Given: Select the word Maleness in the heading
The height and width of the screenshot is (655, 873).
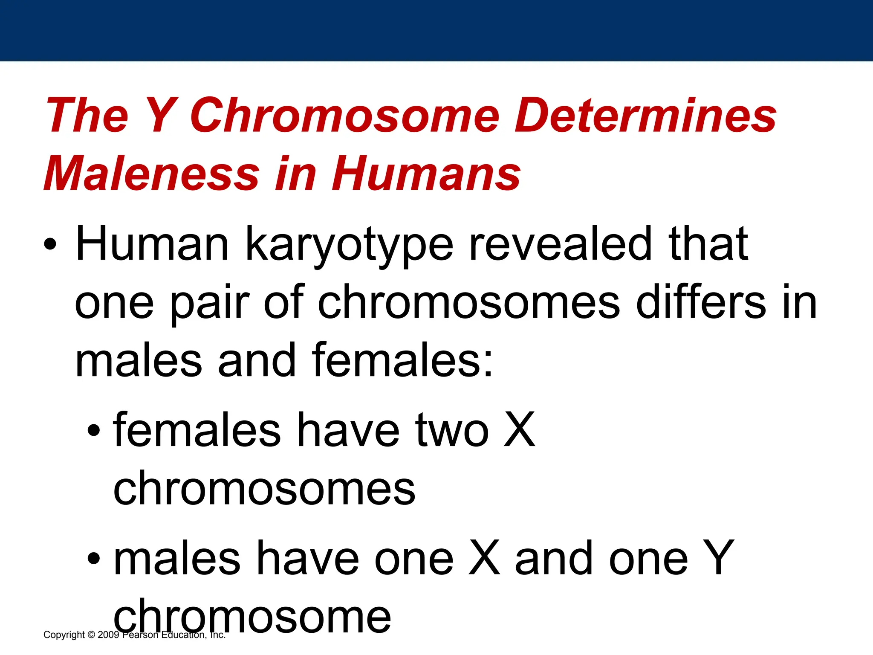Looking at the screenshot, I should click(152, 174).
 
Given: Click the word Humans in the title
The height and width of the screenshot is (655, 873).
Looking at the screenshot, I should click(426, 174).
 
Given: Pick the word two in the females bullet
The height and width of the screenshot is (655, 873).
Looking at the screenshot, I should click(452, 431).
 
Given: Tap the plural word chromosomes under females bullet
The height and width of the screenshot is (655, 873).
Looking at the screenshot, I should click(264, 488).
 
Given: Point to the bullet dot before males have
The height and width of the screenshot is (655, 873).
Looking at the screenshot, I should click(94, 558).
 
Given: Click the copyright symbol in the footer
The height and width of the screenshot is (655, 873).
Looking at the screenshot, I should click(91, 635).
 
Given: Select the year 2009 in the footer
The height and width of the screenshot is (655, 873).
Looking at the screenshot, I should click(108, 635).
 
